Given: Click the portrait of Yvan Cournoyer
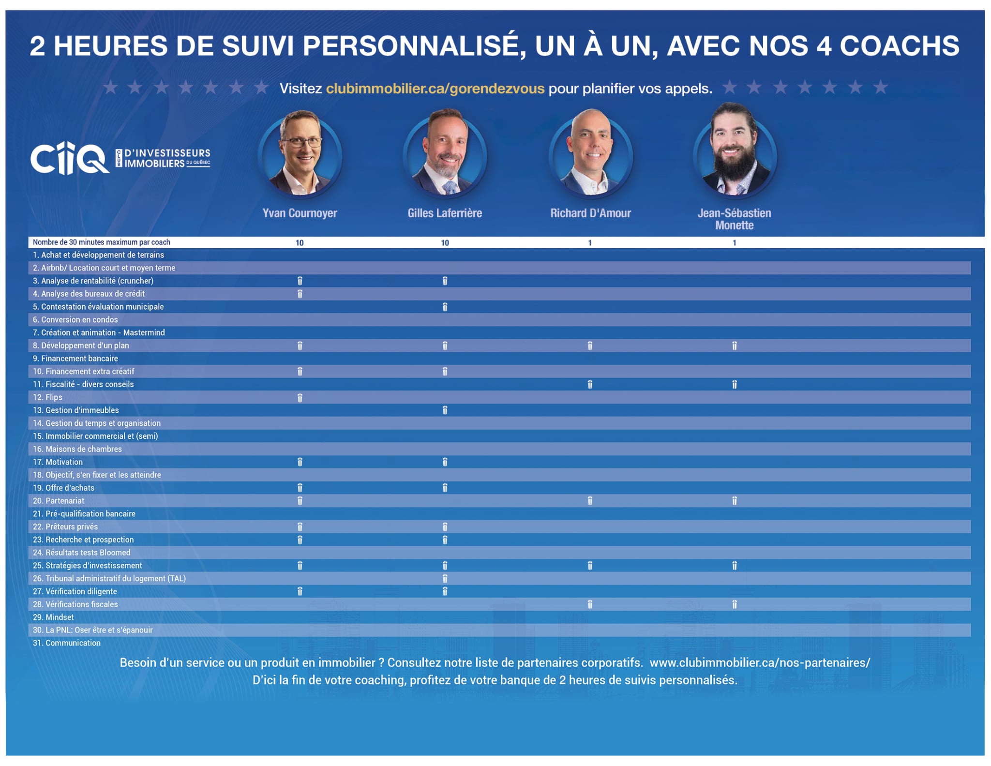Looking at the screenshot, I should tap(300, 154).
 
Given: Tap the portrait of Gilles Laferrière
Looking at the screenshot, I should tap(445, 154).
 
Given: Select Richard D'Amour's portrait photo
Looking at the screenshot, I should tap(591, 154).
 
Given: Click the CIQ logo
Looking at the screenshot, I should tap(70, 158).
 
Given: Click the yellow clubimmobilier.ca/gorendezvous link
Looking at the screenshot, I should tap(435, 89).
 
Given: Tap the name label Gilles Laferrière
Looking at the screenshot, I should tap(445, 213).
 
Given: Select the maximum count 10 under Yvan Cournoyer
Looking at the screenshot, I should tap(300, 243).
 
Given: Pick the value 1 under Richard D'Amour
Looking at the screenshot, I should tap(590, 243).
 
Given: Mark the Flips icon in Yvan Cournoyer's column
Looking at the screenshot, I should tap(300, 398).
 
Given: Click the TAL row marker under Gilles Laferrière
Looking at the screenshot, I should tap(445, 579).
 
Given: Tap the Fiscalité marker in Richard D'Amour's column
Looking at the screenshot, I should tap(590, 385).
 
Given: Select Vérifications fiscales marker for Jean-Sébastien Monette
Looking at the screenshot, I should tap(735, 604).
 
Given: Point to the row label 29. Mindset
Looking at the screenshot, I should tap(53, 617).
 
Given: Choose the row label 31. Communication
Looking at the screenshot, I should tap(67, 643).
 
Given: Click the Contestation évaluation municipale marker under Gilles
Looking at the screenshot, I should tap(445, 307).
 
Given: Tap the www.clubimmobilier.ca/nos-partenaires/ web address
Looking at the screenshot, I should tap(760, 663).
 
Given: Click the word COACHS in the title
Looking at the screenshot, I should tap(900, 46).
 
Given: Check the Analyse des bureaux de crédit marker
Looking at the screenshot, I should tap(300, 294).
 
